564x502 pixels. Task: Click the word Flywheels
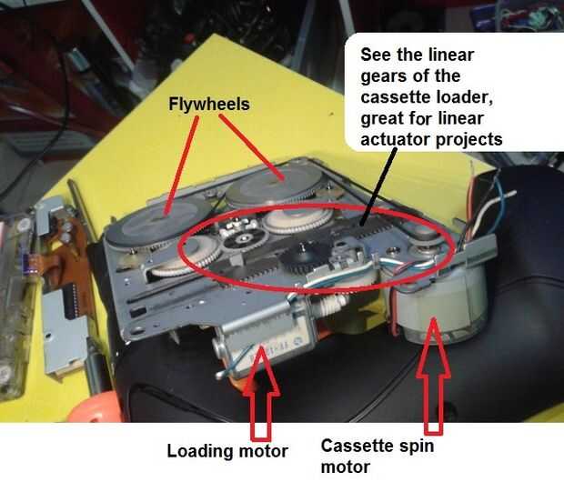point(209,104)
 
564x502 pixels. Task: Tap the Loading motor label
point(227,451)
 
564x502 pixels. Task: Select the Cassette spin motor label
point(377,456)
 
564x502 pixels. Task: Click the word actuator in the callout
point(395,139)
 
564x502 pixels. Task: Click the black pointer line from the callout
point(378,187)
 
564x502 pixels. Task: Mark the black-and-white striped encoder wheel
point(245,239)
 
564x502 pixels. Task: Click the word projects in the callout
point(469,140)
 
